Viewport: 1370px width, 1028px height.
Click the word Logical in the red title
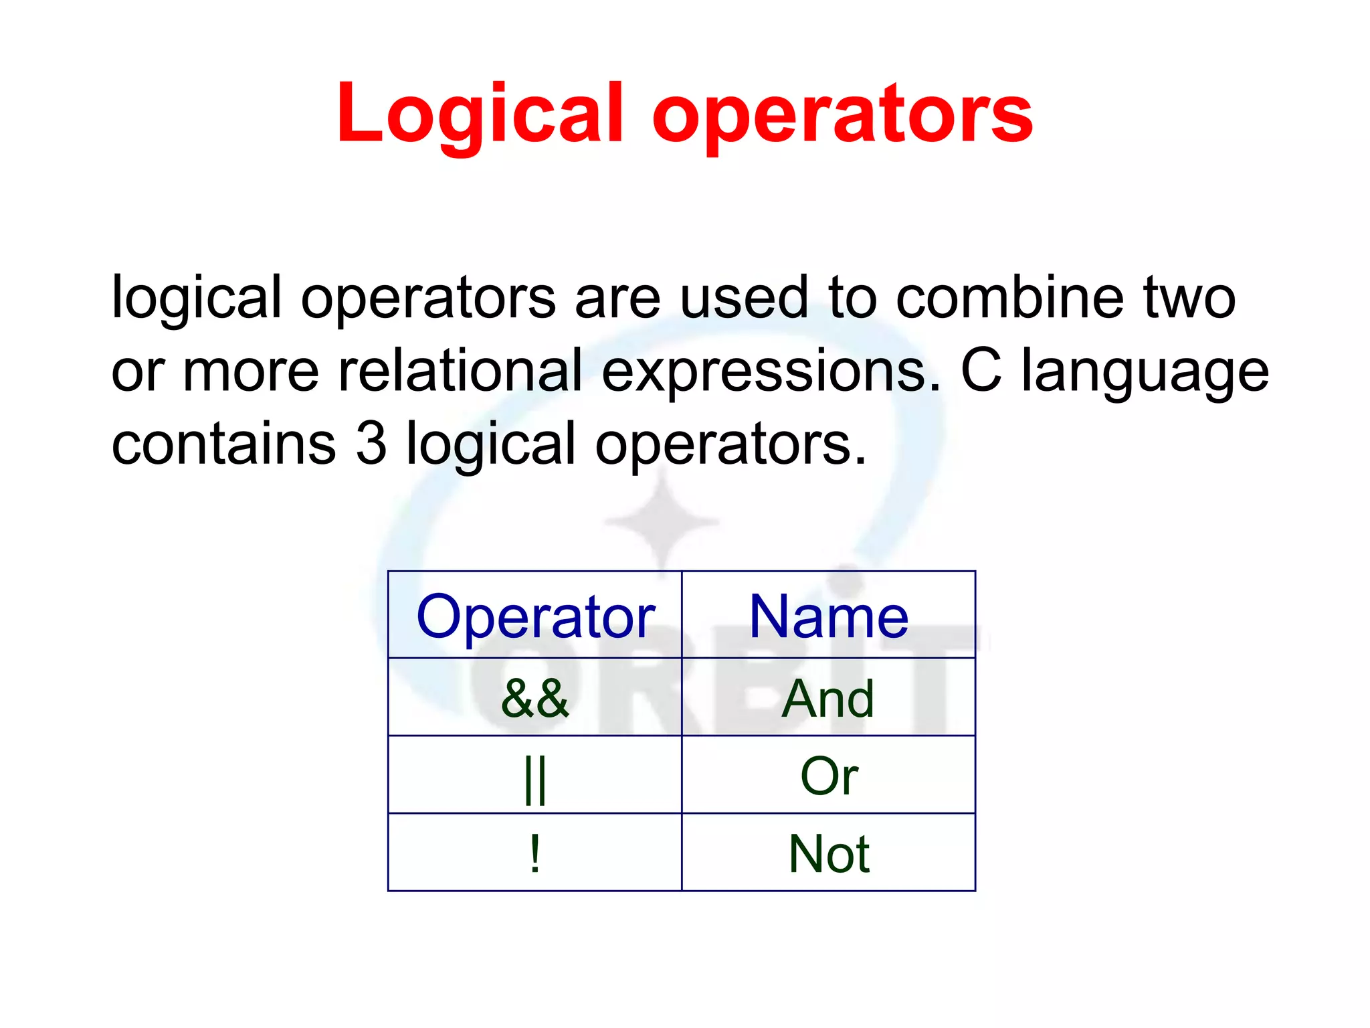tap(480, 114)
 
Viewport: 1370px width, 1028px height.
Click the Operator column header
tap(535, 616)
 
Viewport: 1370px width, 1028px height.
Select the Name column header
tap(828, 616)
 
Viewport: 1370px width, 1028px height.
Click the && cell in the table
tap(535, 698)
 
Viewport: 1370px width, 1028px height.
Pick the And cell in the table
tap(828, 698)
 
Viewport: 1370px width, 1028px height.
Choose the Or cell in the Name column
tap(828, 776)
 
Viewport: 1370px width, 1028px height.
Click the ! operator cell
tap(535, 854)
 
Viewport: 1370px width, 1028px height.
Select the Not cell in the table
tap(828, 854)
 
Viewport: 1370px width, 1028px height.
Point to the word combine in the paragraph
tap(1010, 297)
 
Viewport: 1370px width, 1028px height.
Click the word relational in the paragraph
tap(460, 370)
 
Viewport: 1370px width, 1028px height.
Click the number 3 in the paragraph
tap(372, 443)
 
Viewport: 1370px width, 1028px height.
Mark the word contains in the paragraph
tap(223, 443)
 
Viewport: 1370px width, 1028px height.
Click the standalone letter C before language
tap(981, 370)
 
